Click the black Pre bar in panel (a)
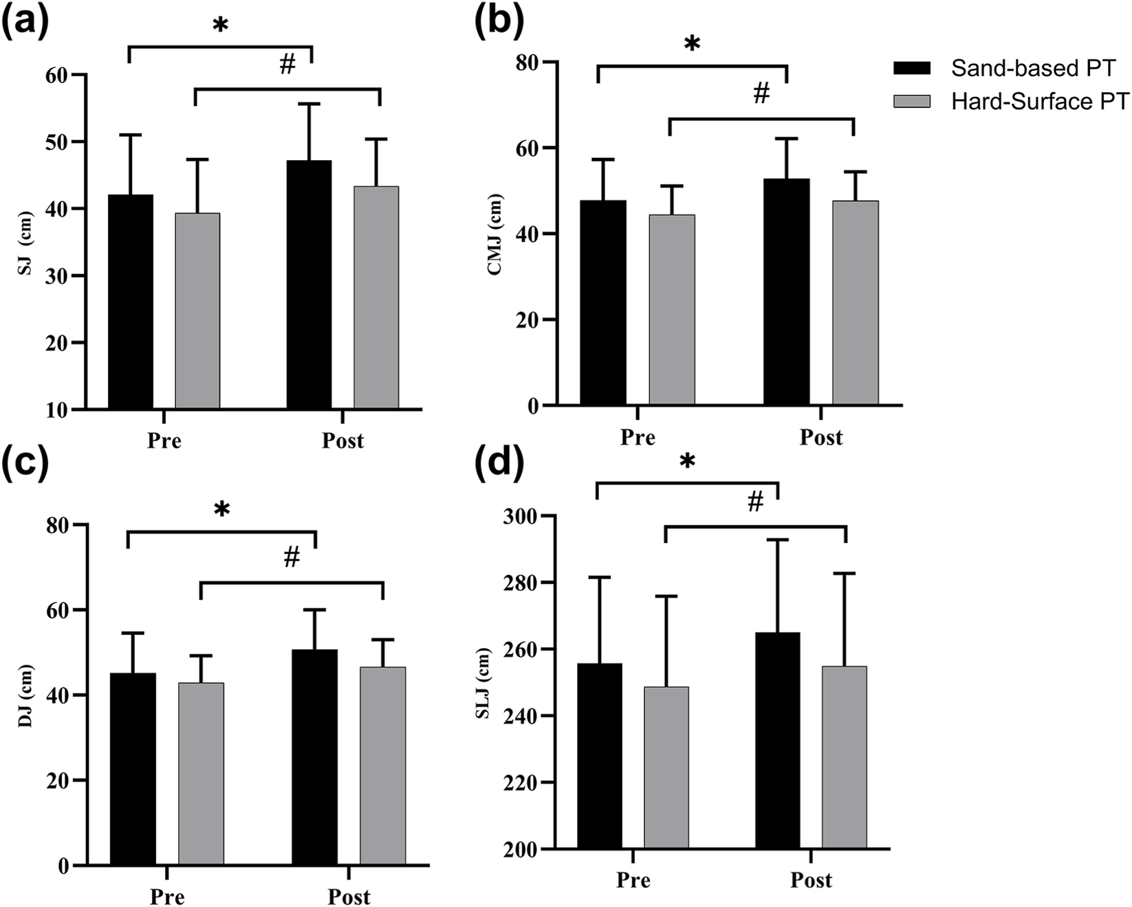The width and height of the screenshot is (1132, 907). pyautogui.click(x=131, y=302)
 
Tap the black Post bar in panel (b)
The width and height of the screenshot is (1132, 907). pyautogui.click(x=786, y=292)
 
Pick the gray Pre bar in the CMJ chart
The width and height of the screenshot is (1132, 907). pyautogui.click(x=672, y=310)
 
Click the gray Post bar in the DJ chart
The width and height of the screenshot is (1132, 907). pyautogui.click(x=383, y=765)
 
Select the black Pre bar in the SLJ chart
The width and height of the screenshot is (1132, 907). pyautogui.click(x=600, y=756)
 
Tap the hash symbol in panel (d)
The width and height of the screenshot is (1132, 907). pyautogui.click(x=755, y=502)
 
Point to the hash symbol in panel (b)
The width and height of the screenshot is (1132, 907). pyautogui.click(x=761, y=94)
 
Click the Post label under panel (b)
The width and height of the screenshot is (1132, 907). pyautogui.click(x=820, y=437)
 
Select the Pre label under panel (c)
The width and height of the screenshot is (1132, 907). pyautogui.click(x=167, y=896)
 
